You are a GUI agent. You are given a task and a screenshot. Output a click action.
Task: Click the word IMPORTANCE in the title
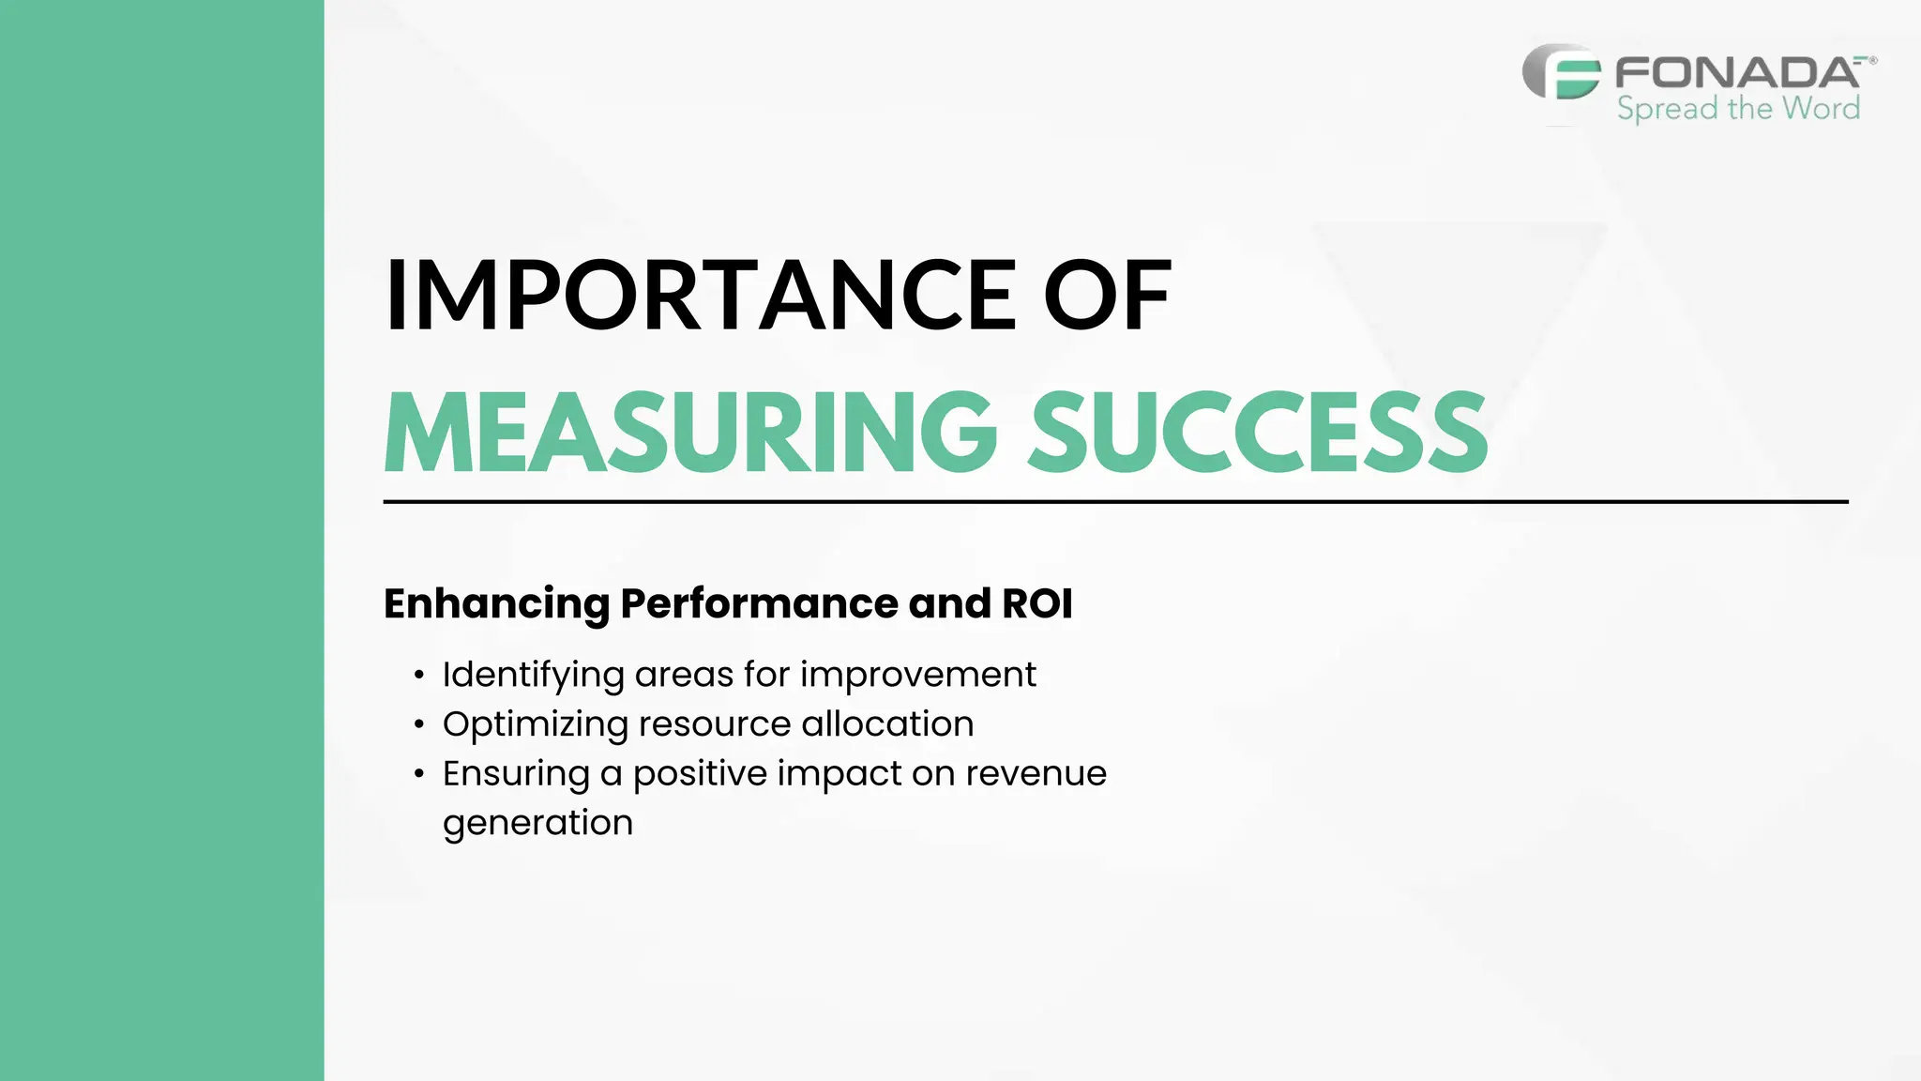click(x=700, y=295)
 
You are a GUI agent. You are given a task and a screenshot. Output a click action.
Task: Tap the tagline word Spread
click(x=1667, y=109)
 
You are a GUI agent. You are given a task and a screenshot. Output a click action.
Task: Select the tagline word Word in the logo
click(x=1821, y=108)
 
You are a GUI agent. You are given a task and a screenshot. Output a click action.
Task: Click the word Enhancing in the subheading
click(x=496, y=604)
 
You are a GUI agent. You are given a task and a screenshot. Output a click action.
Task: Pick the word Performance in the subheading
click(x=759, y=603)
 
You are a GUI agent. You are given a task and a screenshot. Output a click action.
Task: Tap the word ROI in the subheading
click(x=1036, y=603)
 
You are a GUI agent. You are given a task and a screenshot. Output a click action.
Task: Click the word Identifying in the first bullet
click(x=534, y=676)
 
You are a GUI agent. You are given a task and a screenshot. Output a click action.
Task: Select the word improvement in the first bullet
click(x=917, y=675)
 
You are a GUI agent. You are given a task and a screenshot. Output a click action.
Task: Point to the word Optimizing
click(x=536, y=725)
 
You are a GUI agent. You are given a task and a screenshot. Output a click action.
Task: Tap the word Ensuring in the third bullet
click(x=516, y=775)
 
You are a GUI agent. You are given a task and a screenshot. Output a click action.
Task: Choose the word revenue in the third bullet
click(x=1036, y=774)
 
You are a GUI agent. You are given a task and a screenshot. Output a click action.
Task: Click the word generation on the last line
click(x=537, y=824)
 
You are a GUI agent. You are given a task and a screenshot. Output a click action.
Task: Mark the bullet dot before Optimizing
click(x=419, y=725)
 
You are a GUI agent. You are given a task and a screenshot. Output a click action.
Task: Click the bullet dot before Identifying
click(x=419, y=676)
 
